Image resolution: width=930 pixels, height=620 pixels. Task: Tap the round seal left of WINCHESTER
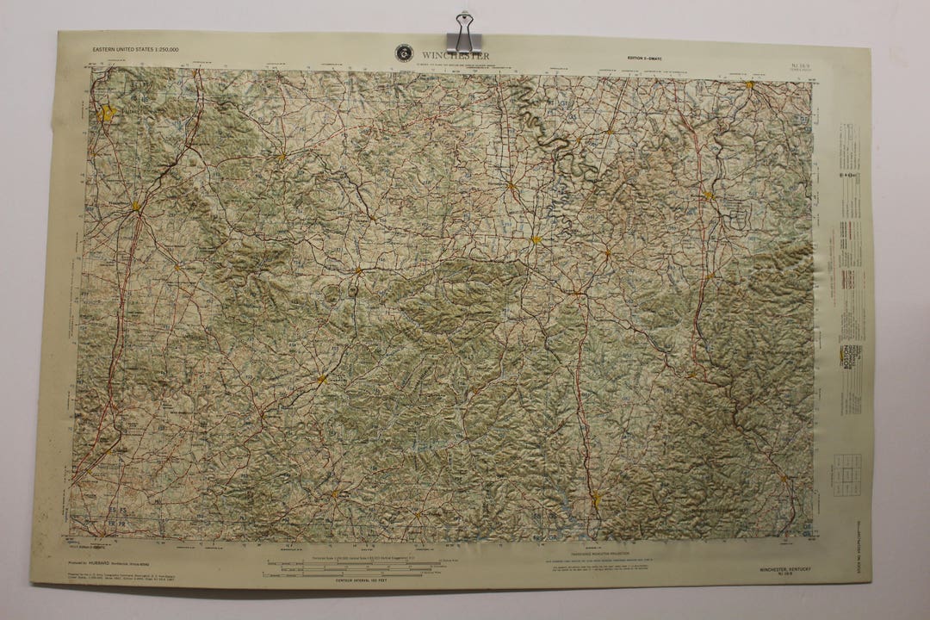point(403,53)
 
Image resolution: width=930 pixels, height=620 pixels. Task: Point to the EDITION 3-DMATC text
point(648,58)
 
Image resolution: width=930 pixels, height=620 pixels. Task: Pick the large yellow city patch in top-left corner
point(107,113)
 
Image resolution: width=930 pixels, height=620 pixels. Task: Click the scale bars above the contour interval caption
point(353,565)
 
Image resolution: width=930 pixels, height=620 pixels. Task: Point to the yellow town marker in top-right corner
point(749,85)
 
